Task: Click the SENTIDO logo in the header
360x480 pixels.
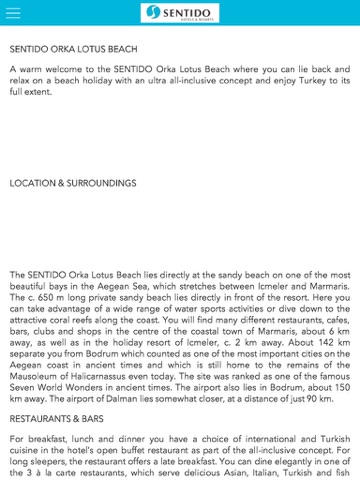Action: point(180,12)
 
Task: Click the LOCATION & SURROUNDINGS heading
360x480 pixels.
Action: point(73,184)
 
